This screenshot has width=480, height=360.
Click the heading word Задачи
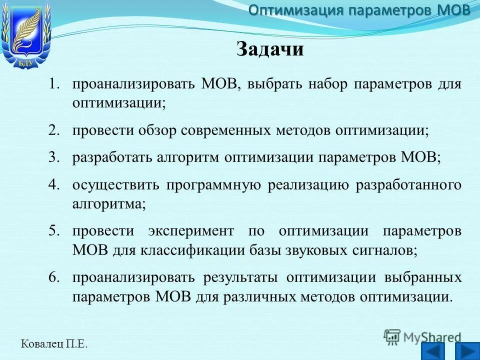pyautogui.click(x=269, y=49)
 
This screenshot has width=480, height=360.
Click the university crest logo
pyautogui.click(x=26, y=35)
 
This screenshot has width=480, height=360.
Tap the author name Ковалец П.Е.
pyautogui.click(x=54, y=343)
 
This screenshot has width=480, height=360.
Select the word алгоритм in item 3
pyautogui.click(x=190, y=157)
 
